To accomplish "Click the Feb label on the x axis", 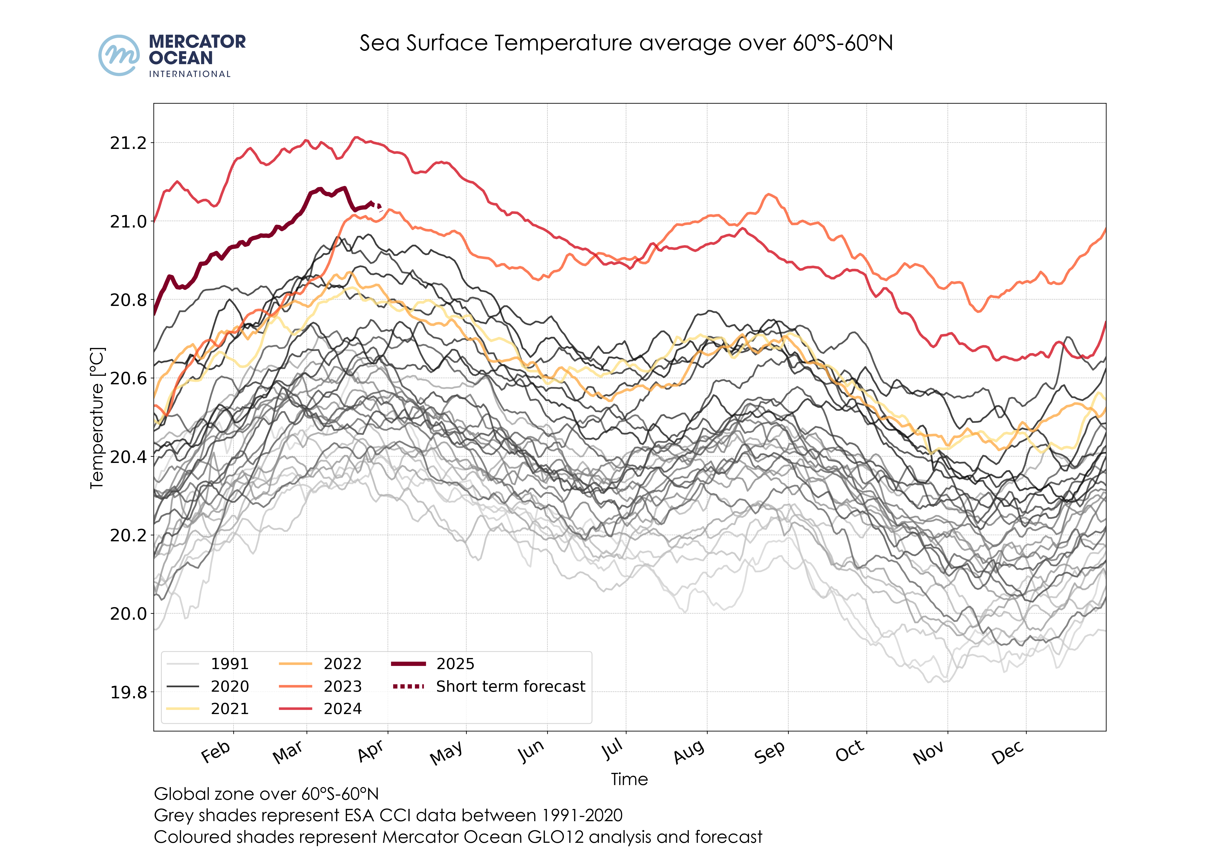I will pos(216,752).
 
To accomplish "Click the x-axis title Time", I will pos(629,779).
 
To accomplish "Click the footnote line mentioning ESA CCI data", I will pos(388,815).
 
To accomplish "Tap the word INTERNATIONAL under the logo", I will pos(190,74).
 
